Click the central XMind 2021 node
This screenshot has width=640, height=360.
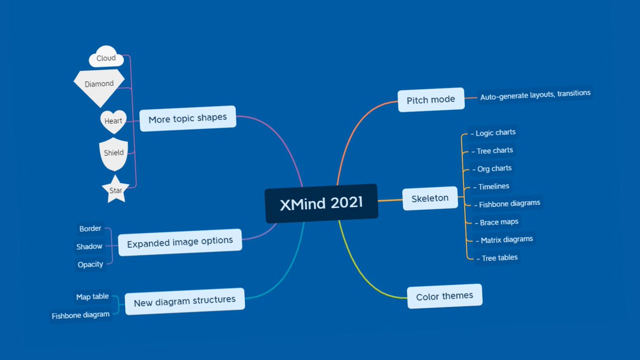[321, 203]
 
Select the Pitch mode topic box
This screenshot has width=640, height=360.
[431, 100]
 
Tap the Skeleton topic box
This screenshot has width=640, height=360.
[430, 199]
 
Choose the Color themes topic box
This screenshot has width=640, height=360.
[444, 297]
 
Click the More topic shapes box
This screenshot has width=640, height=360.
[187, 118]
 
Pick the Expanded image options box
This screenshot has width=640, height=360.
[180, 243]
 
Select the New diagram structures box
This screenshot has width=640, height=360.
[185, 301]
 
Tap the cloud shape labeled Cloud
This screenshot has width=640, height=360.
[106, 58]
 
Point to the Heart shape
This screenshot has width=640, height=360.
[113, 121]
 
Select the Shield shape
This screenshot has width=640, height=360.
[114, 153]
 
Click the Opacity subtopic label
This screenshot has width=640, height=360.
[91, 265]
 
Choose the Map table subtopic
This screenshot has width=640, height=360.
[92, 297]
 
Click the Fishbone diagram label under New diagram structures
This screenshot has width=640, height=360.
[81, 315]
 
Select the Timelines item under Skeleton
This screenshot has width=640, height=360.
[493, 187]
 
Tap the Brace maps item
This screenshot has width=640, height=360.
[498, 222]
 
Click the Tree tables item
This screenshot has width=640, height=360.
[499, 258]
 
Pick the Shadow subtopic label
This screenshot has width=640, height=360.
[89, 246]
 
